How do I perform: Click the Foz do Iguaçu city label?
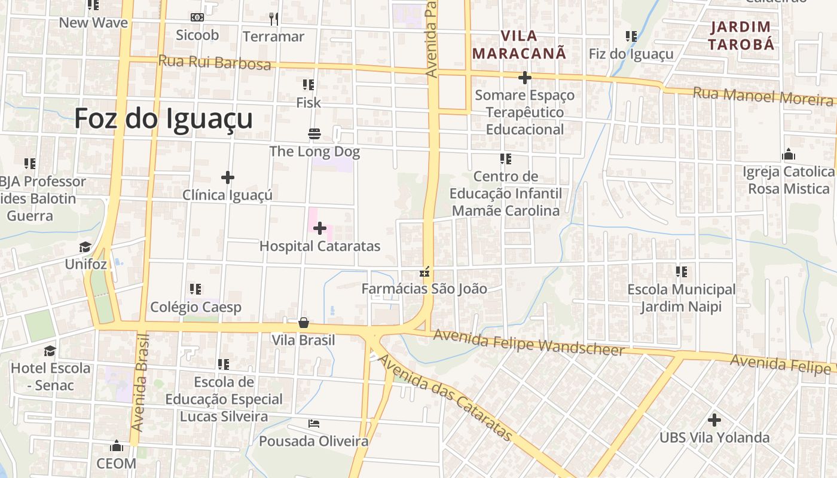[x=163, y=118]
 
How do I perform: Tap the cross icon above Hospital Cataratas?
[x=320, y=228]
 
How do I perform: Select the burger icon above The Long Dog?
[x=314, y=133]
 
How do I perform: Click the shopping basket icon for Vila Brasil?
[x=304, y=323]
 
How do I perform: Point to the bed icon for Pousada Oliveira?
[x=314, y=424]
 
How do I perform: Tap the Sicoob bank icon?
[x=197, y=17]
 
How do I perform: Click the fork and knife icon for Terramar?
[x=274, y=19]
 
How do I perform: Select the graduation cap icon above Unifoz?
[x=85, y=247]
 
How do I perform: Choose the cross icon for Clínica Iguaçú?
[x=227, y=177]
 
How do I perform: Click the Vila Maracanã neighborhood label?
[x=519, y=44]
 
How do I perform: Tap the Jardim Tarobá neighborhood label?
[x=741, y=35]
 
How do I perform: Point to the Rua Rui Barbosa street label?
[x=215, y=62]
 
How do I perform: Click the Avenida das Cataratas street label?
[x=445, y=398]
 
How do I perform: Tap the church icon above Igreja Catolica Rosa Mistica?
[x=788, y=155]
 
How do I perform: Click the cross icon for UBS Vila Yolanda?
[x=714, y=419]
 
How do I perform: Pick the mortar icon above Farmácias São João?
[x=425, y=272]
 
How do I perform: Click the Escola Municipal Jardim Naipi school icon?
[x=681, y=272]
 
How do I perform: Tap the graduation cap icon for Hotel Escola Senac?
[x=50, y=351]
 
